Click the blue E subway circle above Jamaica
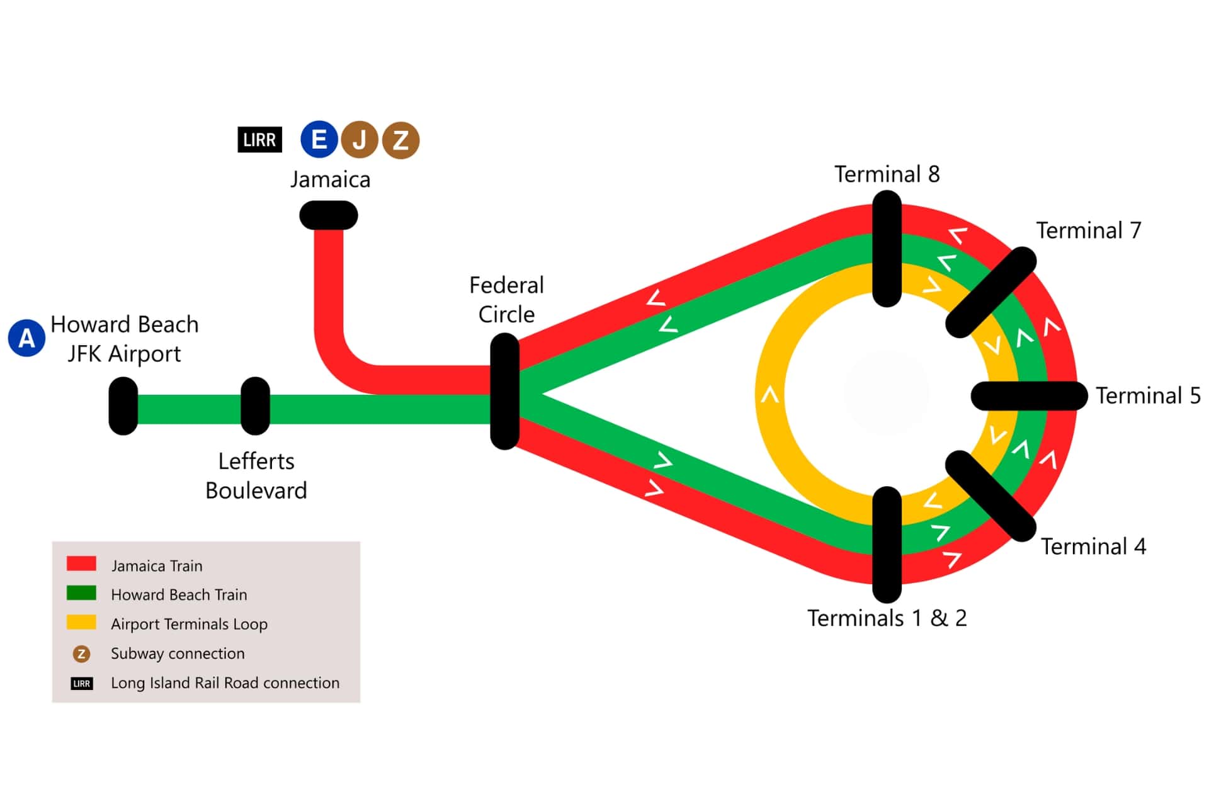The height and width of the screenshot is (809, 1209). point(319,139)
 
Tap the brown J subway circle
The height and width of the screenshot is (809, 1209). point(360,140)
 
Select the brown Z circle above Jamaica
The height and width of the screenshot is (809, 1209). point(400,140)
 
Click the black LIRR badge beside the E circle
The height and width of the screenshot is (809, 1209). point(259,140)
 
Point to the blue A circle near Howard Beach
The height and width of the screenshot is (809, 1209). point(26,338)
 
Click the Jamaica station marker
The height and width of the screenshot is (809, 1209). point(328,215)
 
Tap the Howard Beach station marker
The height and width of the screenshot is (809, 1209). point(123,406)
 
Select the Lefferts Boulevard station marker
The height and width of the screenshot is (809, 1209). point(255,406)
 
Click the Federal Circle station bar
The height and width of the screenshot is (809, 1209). point(504,392)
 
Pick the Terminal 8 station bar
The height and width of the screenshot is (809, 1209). point(887,249)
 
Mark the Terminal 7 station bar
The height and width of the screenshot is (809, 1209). point(991,292)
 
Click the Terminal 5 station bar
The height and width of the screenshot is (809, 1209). point(1029,396)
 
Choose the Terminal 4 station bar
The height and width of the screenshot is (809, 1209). point(990,496)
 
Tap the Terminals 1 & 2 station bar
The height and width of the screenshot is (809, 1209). point(887,545)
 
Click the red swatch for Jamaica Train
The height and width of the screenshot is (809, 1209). point(81,563)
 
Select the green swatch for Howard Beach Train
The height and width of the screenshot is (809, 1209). point(81,593)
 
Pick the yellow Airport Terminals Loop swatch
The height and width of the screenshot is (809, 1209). point(81,623)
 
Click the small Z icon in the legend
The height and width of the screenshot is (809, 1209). point(81,654)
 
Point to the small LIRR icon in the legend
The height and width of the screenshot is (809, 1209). point(81,684)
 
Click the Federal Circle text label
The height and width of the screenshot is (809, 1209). point(506,300)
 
